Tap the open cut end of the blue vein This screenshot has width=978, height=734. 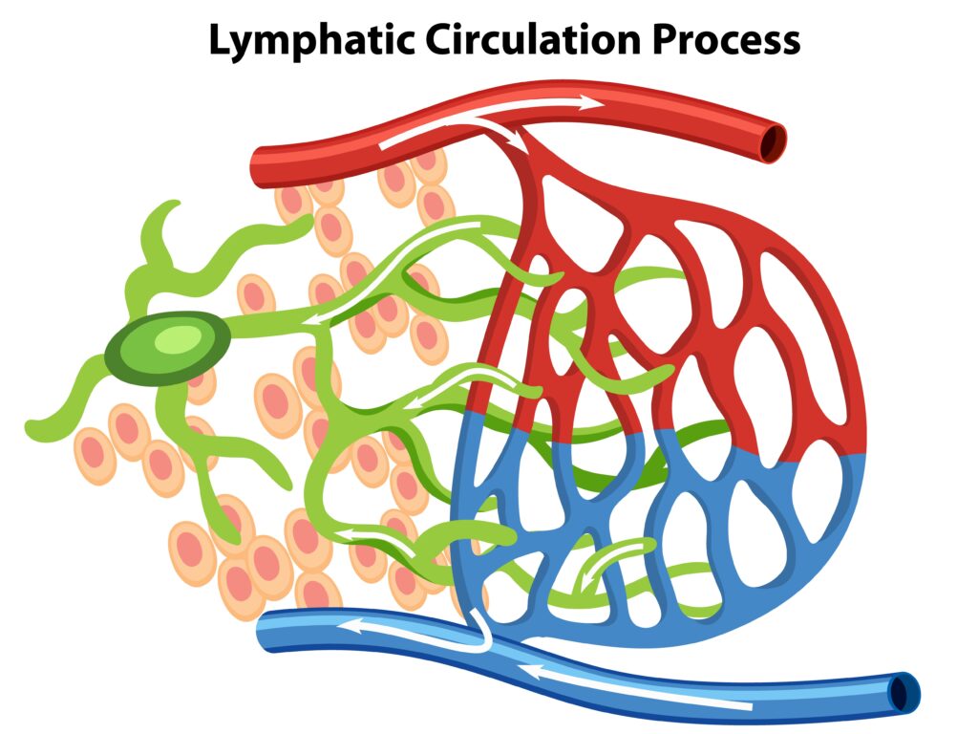[903, 690]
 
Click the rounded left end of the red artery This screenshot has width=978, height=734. [255, 167]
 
